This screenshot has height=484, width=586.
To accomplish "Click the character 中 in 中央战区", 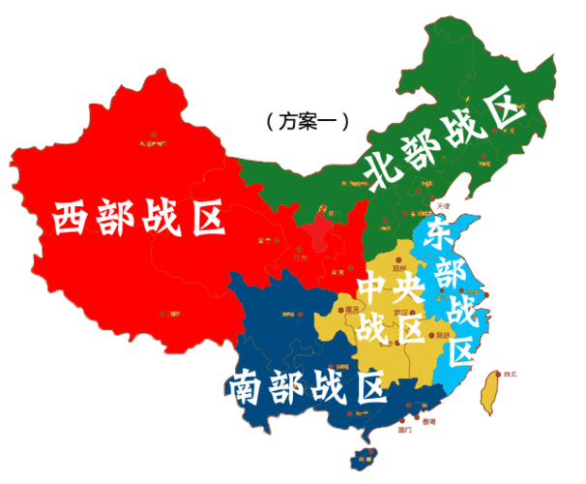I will click(375, 287).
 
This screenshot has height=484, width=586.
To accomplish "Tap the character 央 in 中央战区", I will click(411, 287).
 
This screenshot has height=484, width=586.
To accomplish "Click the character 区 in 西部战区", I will click(204, 219).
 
